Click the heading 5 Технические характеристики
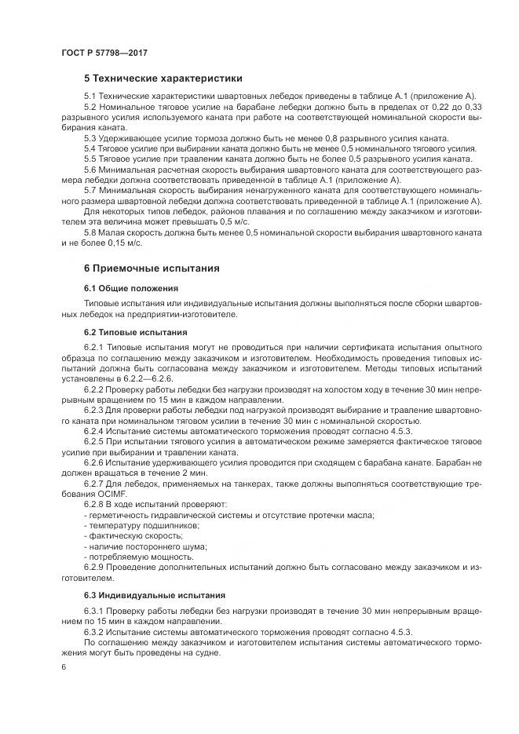tap(163, 79)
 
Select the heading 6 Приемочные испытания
tap(151, 268)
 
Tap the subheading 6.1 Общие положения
tap(131, 288)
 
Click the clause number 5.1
tap(91, 95)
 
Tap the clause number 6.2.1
tap(95, 347)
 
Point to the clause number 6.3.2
tap(95, 632)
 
